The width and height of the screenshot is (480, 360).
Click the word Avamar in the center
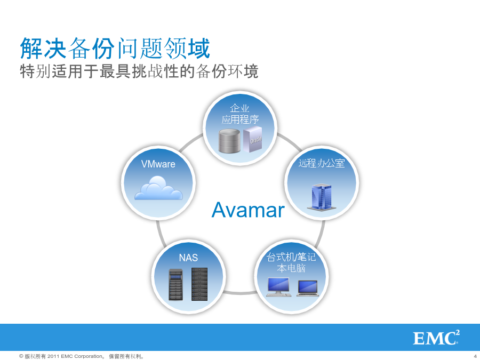[248, 210]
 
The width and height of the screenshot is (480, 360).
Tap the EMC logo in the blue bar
[436, 338]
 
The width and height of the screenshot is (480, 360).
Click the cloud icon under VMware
[158, 188]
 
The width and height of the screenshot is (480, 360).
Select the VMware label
[158, 164]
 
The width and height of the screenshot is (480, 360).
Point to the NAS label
[188, 258]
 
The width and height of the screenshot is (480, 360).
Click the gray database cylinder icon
[229, 141]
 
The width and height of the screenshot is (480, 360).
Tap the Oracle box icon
[253, 139]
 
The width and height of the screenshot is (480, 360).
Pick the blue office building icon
[322, 197]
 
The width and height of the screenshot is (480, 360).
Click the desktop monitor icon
[278, 287]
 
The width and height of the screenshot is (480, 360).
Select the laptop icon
[308, 289]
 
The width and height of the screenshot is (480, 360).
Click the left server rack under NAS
[175, 285]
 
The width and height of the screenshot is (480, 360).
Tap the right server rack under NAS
[199, 284]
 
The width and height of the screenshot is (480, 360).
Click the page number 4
[475, 356]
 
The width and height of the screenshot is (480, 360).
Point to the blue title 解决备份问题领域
[115, 49]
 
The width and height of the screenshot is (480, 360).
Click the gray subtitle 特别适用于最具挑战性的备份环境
[139, 71]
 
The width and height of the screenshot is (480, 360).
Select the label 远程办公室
[322, 163]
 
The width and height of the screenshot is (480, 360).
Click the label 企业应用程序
[240, 114]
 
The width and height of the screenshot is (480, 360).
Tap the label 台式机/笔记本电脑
[291, 262]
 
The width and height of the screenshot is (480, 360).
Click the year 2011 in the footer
[53, 356]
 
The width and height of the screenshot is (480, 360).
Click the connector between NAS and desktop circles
[240, 293]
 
